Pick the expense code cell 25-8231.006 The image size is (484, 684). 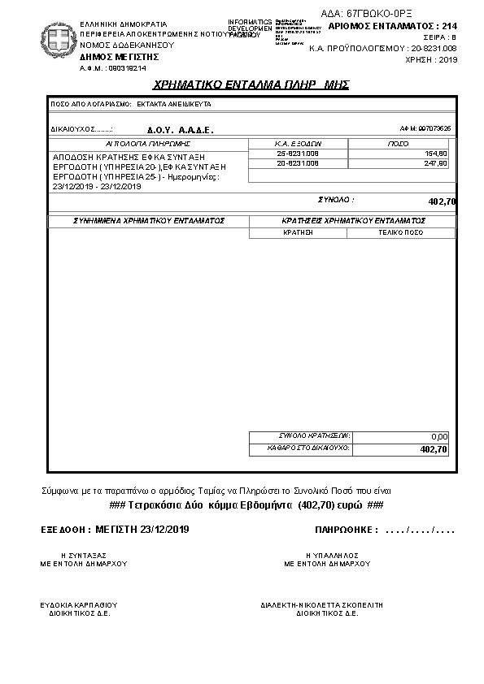pos(297,153)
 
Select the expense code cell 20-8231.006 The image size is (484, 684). pos(297,163)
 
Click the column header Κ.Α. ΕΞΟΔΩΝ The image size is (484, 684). pos(299,142)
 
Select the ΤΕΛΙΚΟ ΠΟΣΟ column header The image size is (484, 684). pos(400,232)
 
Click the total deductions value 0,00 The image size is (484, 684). pos(439,436)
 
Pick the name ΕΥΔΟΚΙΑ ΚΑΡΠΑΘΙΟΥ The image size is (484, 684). pos(79,605)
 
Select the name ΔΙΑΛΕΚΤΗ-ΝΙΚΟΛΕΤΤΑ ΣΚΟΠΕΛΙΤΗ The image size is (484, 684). pos(322,605)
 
